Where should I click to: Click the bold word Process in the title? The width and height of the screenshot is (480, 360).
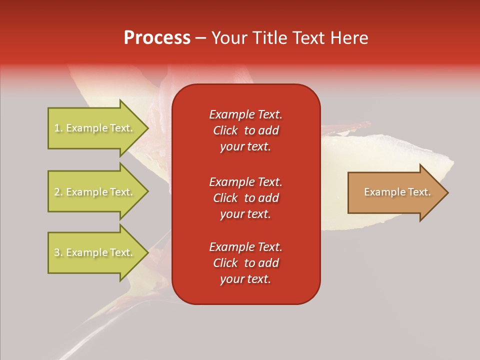tap(157, 38)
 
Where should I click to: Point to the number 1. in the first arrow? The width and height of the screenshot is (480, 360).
tap(58, 128)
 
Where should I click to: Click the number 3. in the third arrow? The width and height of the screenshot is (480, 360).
tap(58, 253)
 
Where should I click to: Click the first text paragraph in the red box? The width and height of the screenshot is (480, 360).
tap(245, 130)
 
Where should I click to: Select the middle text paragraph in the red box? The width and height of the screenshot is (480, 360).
tap(245, 198)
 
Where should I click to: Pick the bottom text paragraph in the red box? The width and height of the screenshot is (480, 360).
tap(245, 263)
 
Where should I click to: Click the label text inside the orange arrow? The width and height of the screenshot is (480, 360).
tap(397, 192)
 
